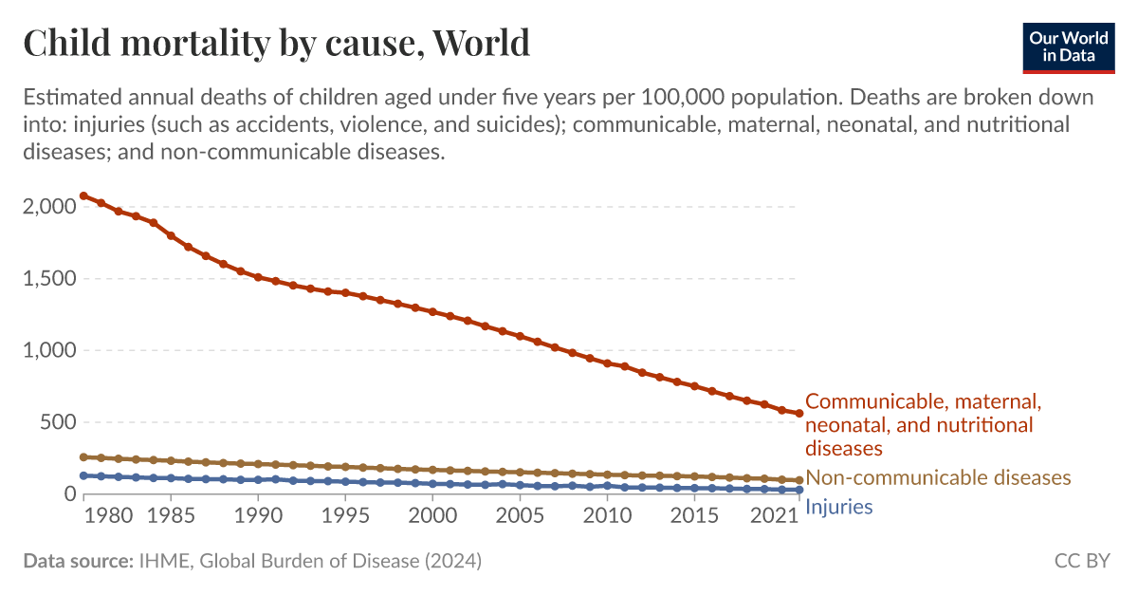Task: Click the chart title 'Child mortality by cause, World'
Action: click(276, 44)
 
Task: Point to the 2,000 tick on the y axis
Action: click(46, 207)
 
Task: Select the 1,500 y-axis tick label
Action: click(46, 279)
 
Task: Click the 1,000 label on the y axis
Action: click(46, 350)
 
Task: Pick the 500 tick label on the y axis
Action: click(55, 422)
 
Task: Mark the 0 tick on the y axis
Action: click(68, 494)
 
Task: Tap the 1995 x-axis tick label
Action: click(345, 517)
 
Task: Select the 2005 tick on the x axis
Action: click(520, 517)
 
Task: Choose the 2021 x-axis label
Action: click(774, 517)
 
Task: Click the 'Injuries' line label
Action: click(838, 507)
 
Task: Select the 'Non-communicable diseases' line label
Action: click(938, 477)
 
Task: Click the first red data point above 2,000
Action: click(83, 195)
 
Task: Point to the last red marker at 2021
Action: click(798, 413)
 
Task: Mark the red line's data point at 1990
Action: click(258, 277)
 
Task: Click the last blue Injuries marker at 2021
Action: click(798, 490)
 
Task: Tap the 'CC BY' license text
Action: click(1082, 561)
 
